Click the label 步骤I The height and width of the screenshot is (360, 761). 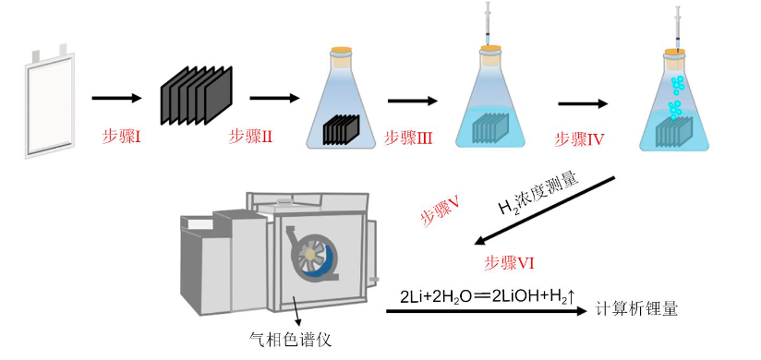pyautogui.click(x=121, y=138)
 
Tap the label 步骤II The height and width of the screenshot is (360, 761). pyautogui.click(x=250, y=138)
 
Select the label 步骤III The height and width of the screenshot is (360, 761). pyautogui.click(x=408, y=138)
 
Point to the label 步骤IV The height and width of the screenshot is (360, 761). pyautogui.click(x=579, y=140)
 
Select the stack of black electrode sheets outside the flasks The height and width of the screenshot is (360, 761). pyautogui.click(x=197, y=95)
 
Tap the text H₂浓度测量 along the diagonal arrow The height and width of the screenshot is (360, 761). pyautogui.click(x=538, y=194)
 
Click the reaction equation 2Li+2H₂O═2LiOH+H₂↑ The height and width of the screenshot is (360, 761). pyautogui.click(x=488, y=297)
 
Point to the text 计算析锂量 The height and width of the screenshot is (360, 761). pyautogui.click(x=636, y=309)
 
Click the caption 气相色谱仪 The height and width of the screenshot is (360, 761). pyautogui.click(x=290, y=339)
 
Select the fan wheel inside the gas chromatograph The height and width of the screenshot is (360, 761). pyautogui.click(x=309, y=254)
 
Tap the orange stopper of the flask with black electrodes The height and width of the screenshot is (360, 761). pyautogui.click(x=341, y=50)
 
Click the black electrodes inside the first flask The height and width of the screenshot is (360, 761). pyautogui.click(x=341, y=129)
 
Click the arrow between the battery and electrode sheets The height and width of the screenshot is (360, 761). pyautogui.click(x=116, y=99)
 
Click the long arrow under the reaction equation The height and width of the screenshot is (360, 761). pyautogui.click(x=487, y=311)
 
